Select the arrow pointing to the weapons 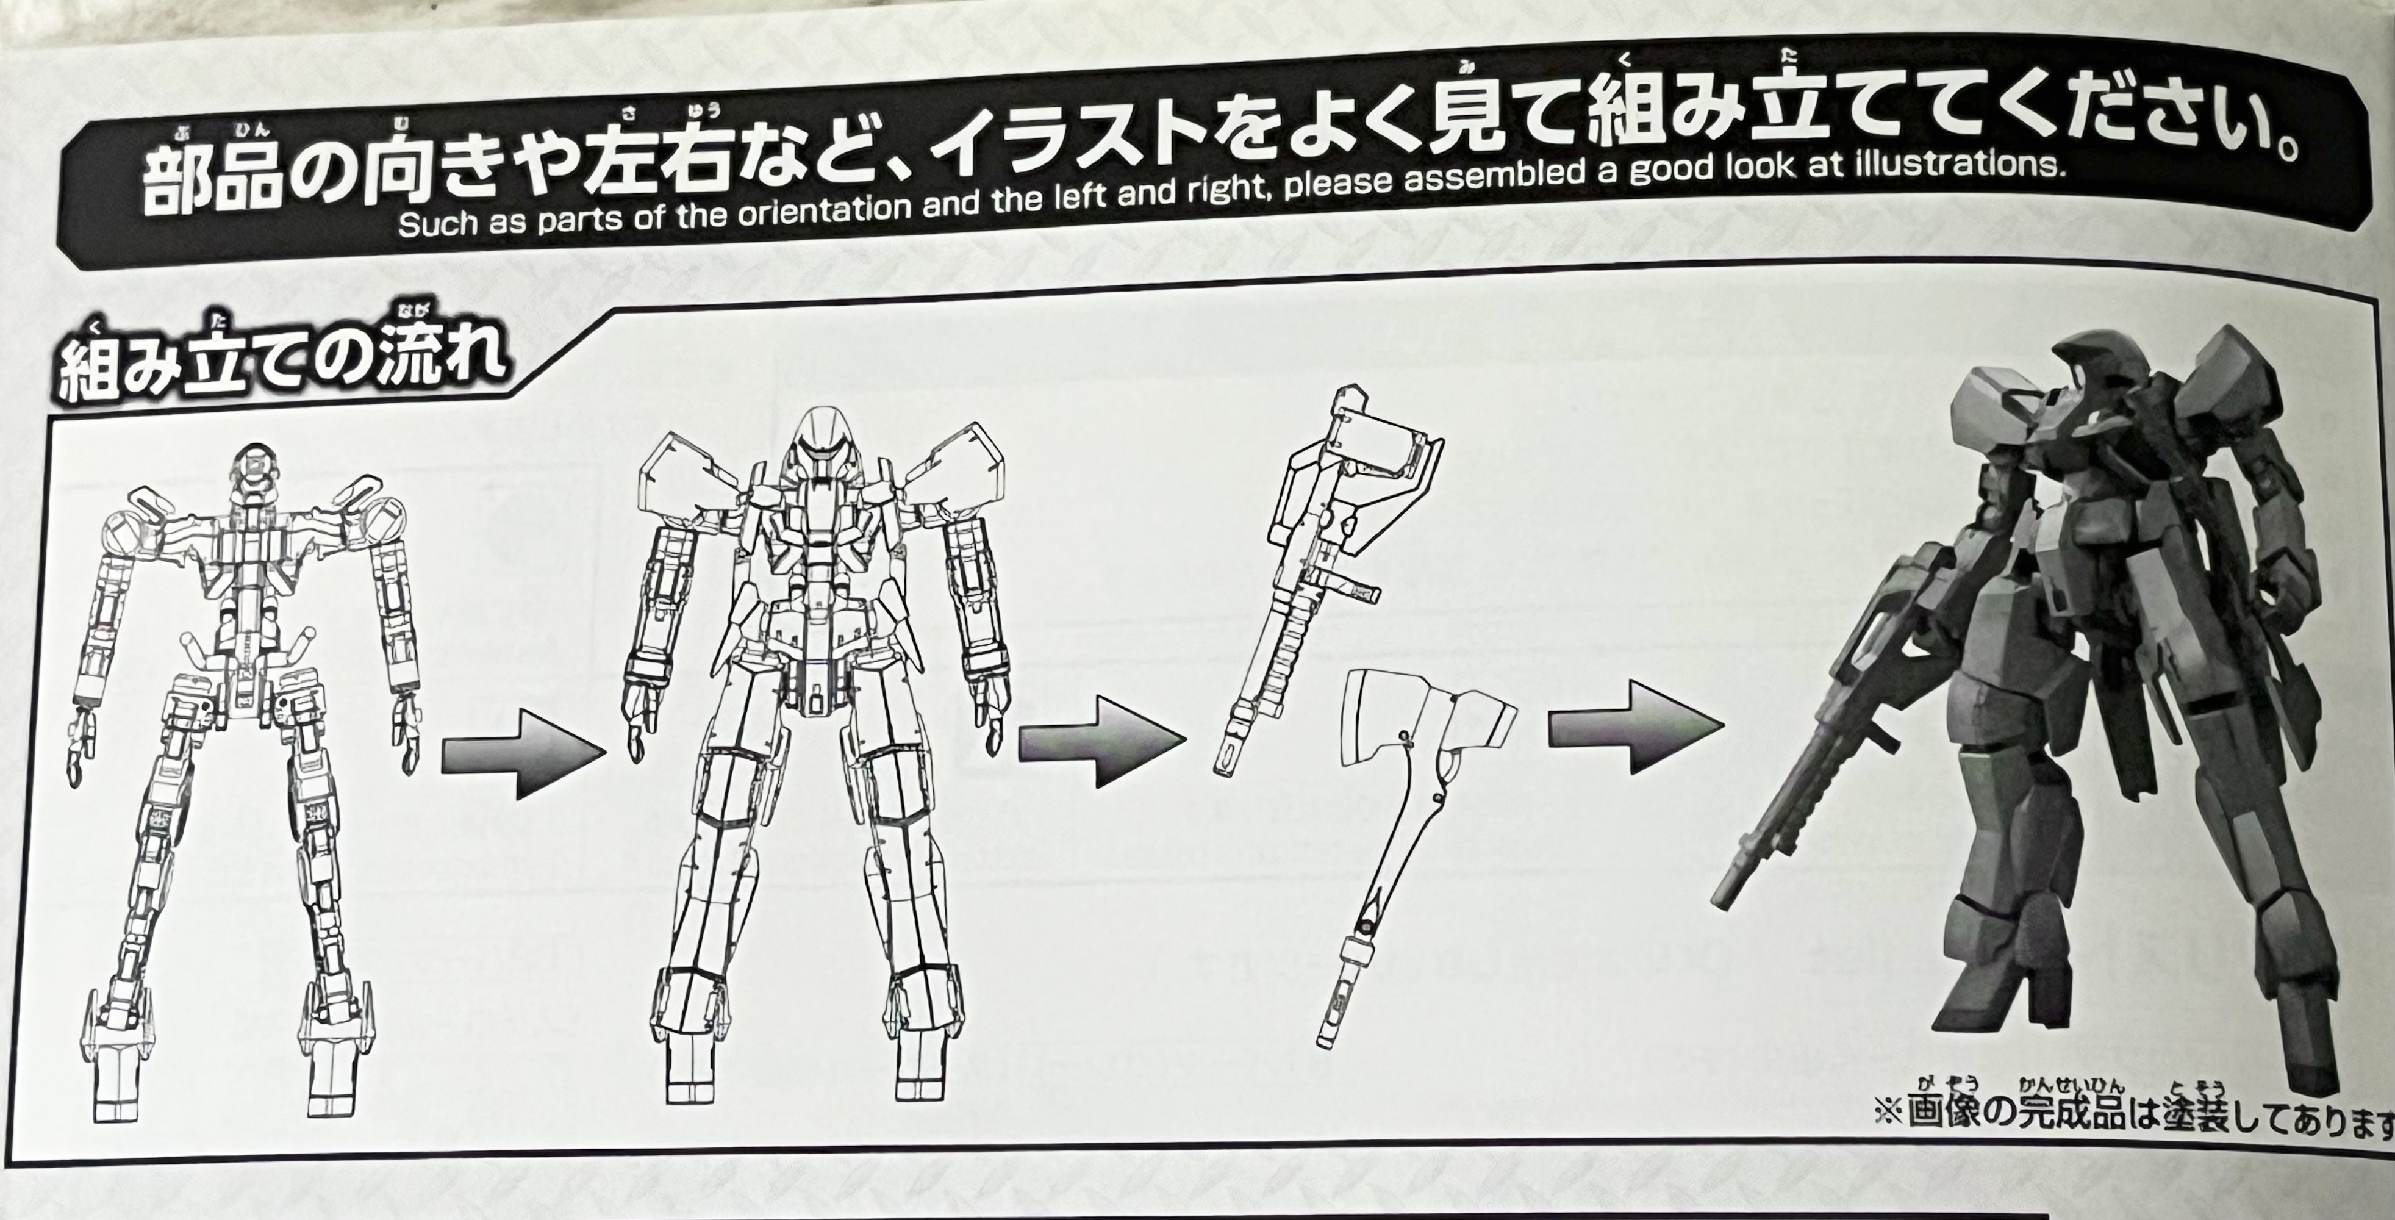pos(1101,739)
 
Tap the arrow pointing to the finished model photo pos(1633,725)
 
